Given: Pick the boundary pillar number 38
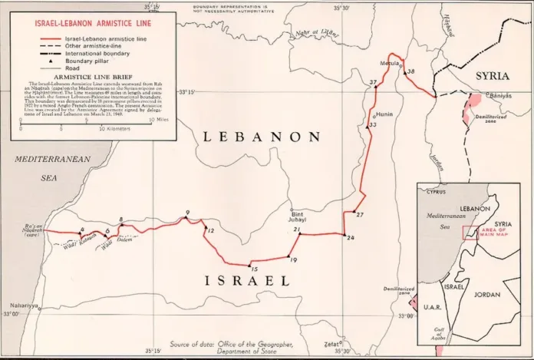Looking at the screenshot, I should [410, 72].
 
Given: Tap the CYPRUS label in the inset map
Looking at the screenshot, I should [436, 193].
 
